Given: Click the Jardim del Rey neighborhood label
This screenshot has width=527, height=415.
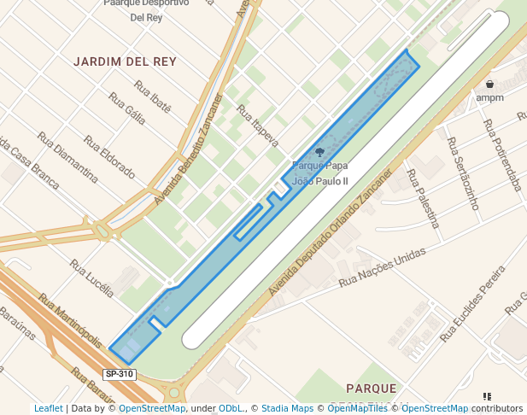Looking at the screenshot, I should [125, 62].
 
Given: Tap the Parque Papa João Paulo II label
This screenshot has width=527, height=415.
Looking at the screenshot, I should [320, 173].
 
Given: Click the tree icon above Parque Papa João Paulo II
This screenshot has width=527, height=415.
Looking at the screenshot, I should [320, 153].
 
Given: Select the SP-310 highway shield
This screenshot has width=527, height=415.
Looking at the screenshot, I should [119, 374].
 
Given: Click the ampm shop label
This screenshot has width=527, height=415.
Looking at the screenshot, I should [490, 98].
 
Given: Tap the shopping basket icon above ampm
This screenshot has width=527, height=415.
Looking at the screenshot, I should [490, 85].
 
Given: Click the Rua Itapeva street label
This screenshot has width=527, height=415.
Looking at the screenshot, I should [258, 126].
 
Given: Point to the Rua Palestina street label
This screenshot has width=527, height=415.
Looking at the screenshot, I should [424, 199].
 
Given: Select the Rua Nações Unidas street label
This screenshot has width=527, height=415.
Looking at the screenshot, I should [382, 268].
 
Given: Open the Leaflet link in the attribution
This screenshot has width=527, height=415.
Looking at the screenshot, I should [48, 408].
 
